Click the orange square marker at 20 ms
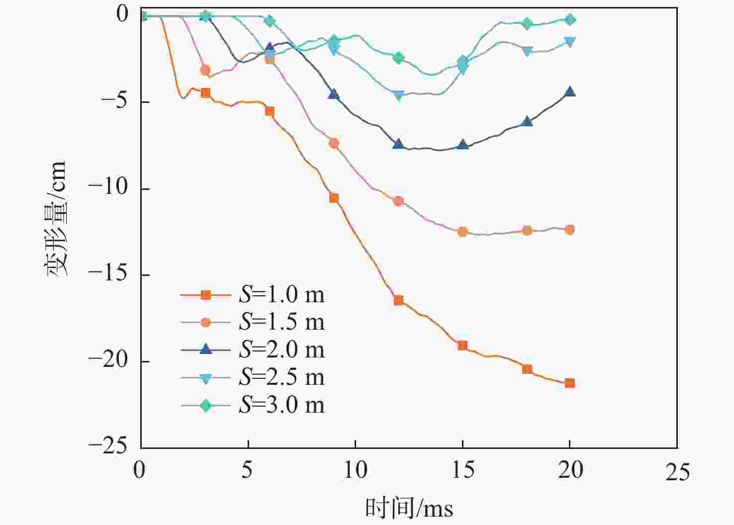click(570, 383)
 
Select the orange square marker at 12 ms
click(398, 300)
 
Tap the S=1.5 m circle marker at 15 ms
click(462, 232)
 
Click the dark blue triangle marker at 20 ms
click(570, 91)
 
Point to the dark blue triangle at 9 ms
click(334, 94)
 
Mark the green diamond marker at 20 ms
click(570, 20)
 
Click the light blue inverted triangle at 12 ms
click(398, 95)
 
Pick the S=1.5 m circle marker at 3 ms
click(205, 70)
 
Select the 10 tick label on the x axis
click(356, 470)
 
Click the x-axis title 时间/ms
click(409, 508)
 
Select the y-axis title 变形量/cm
click(56, 219)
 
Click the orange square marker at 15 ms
click(462, 346)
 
